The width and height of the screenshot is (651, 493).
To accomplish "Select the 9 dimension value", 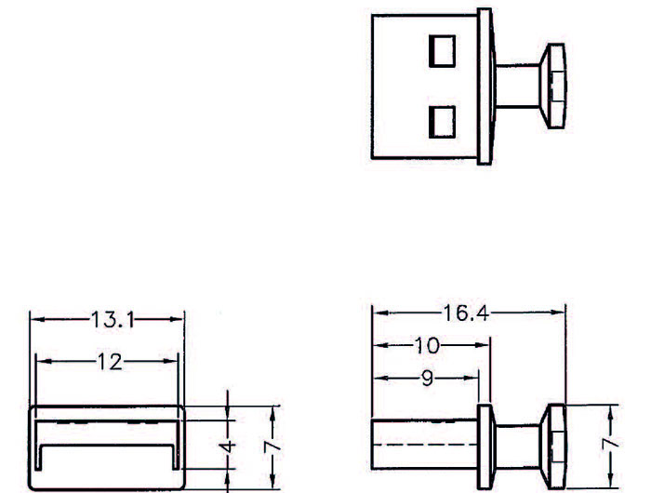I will click(x=426, y=378).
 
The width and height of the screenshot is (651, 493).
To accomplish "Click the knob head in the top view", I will click(x=556, y=85).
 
